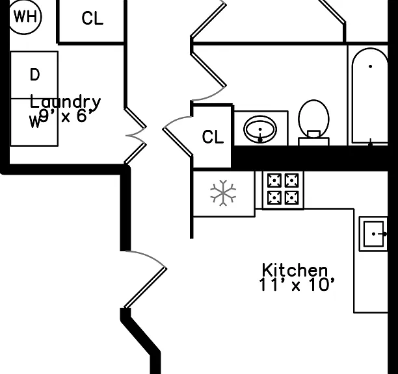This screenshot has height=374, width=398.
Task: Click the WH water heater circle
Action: [25, 16]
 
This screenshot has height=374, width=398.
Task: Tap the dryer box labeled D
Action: [34, 75]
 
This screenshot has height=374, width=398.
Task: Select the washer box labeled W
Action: [34, 122]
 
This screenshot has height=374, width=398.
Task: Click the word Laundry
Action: [65, 102]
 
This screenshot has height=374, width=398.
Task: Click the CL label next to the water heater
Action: [92, 18]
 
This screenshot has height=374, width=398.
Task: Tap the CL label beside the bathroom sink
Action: [213, 137]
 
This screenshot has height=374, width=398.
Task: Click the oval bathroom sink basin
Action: [260, 129]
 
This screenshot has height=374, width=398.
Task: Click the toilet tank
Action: [313, 141]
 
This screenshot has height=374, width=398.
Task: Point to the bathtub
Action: [370, 96]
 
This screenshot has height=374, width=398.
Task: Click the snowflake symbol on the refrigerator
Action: [223, 193]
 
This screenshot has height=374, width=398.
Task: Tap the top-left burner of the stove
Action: [274, 181]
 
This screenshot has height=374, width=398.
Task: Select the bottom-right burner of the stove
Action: [292, 197]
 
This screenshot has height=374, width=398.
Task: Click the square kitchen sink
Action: [373, 234]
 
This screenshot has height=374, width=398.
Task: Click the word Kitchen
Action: [295, 270]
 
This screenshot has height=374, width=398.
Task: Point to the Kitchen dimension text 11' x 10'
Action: [297, 284]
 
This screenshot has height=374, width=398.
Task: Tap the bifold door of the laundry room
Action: [136, 136]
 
